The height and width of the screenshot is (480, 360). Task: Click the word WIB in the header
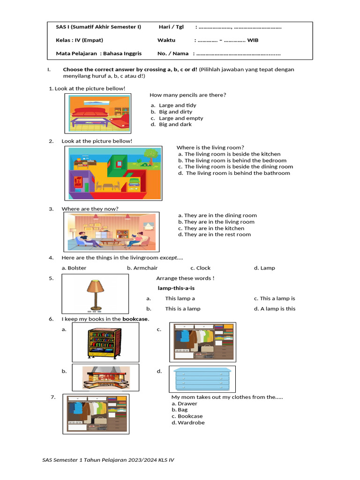pos(253,40)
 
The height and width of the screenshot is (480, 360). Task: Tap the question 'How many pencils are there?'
pos(187,95)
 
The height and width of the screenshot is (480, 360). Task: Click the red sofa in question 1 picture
pos(90,113)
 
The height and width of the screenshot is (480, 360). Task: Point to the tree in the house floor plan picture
pos(150,156)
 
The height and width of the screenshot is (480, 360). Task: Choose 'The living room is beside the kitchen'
pos(232,154)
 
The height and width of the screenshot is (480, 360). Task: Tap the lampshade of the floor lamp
pos(95,286)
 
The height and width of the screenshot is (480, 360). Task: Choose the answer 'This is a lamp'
pos(182,309)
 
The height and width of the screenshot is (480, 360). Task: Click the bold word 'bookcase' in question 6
pos(135,319)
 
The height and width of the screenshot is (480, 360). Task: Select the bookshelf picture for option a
pos(104,343)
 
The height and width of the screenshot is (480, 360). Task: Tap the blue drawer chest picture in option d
pos(202,379)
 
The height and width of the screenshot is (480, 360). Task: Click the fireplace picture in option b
pos(105,378)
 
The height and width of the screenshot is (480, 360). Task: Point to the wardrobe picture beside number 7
pos(97,414)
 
